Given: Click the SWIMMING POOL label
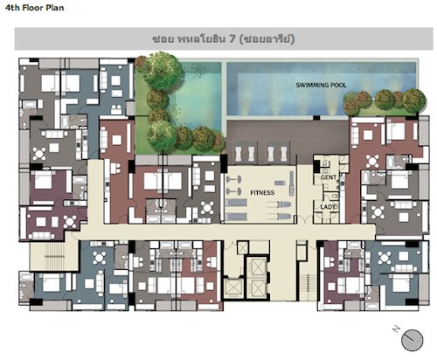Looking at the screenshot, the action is tap(321, 85).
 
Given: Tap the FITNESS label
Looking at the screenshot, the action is tap(262, 192).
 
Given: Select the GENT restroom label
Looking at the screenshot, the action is tap(329, 177).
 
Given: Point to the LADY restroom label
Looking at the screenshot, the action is tap(328, 207).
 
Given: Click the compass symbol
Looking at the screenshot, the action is tap(412, 340).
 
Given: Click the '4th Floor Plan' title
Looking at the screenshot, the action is tap(34, 8).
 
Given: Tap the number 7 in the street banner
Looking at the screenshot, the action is tap(232, 38).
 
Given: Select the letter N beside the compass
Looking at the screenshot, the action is tap(396, 329).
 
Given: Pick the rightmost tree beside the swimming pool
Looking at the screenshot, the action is tap(414, 100).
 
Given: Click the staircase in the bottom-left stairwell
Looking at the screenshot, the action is tap(54, 257).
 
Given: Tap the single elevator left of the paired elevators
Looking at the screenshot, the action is tap(233, 288).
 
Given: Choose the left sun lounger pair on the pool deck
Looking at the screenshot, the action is tap(246, 151).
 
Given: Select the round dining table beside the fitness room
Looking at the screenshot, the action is tap(207, 208).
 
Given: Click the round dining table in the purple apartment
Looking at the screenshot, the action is tap(70, 221).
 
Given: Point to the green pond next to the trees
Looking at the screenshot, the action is tap(198, 96).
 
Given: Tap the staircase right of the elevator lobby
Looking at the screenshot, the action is tap(308, 287).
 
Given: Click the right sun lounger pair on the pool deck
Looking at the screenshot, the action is tap(278, 151).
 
